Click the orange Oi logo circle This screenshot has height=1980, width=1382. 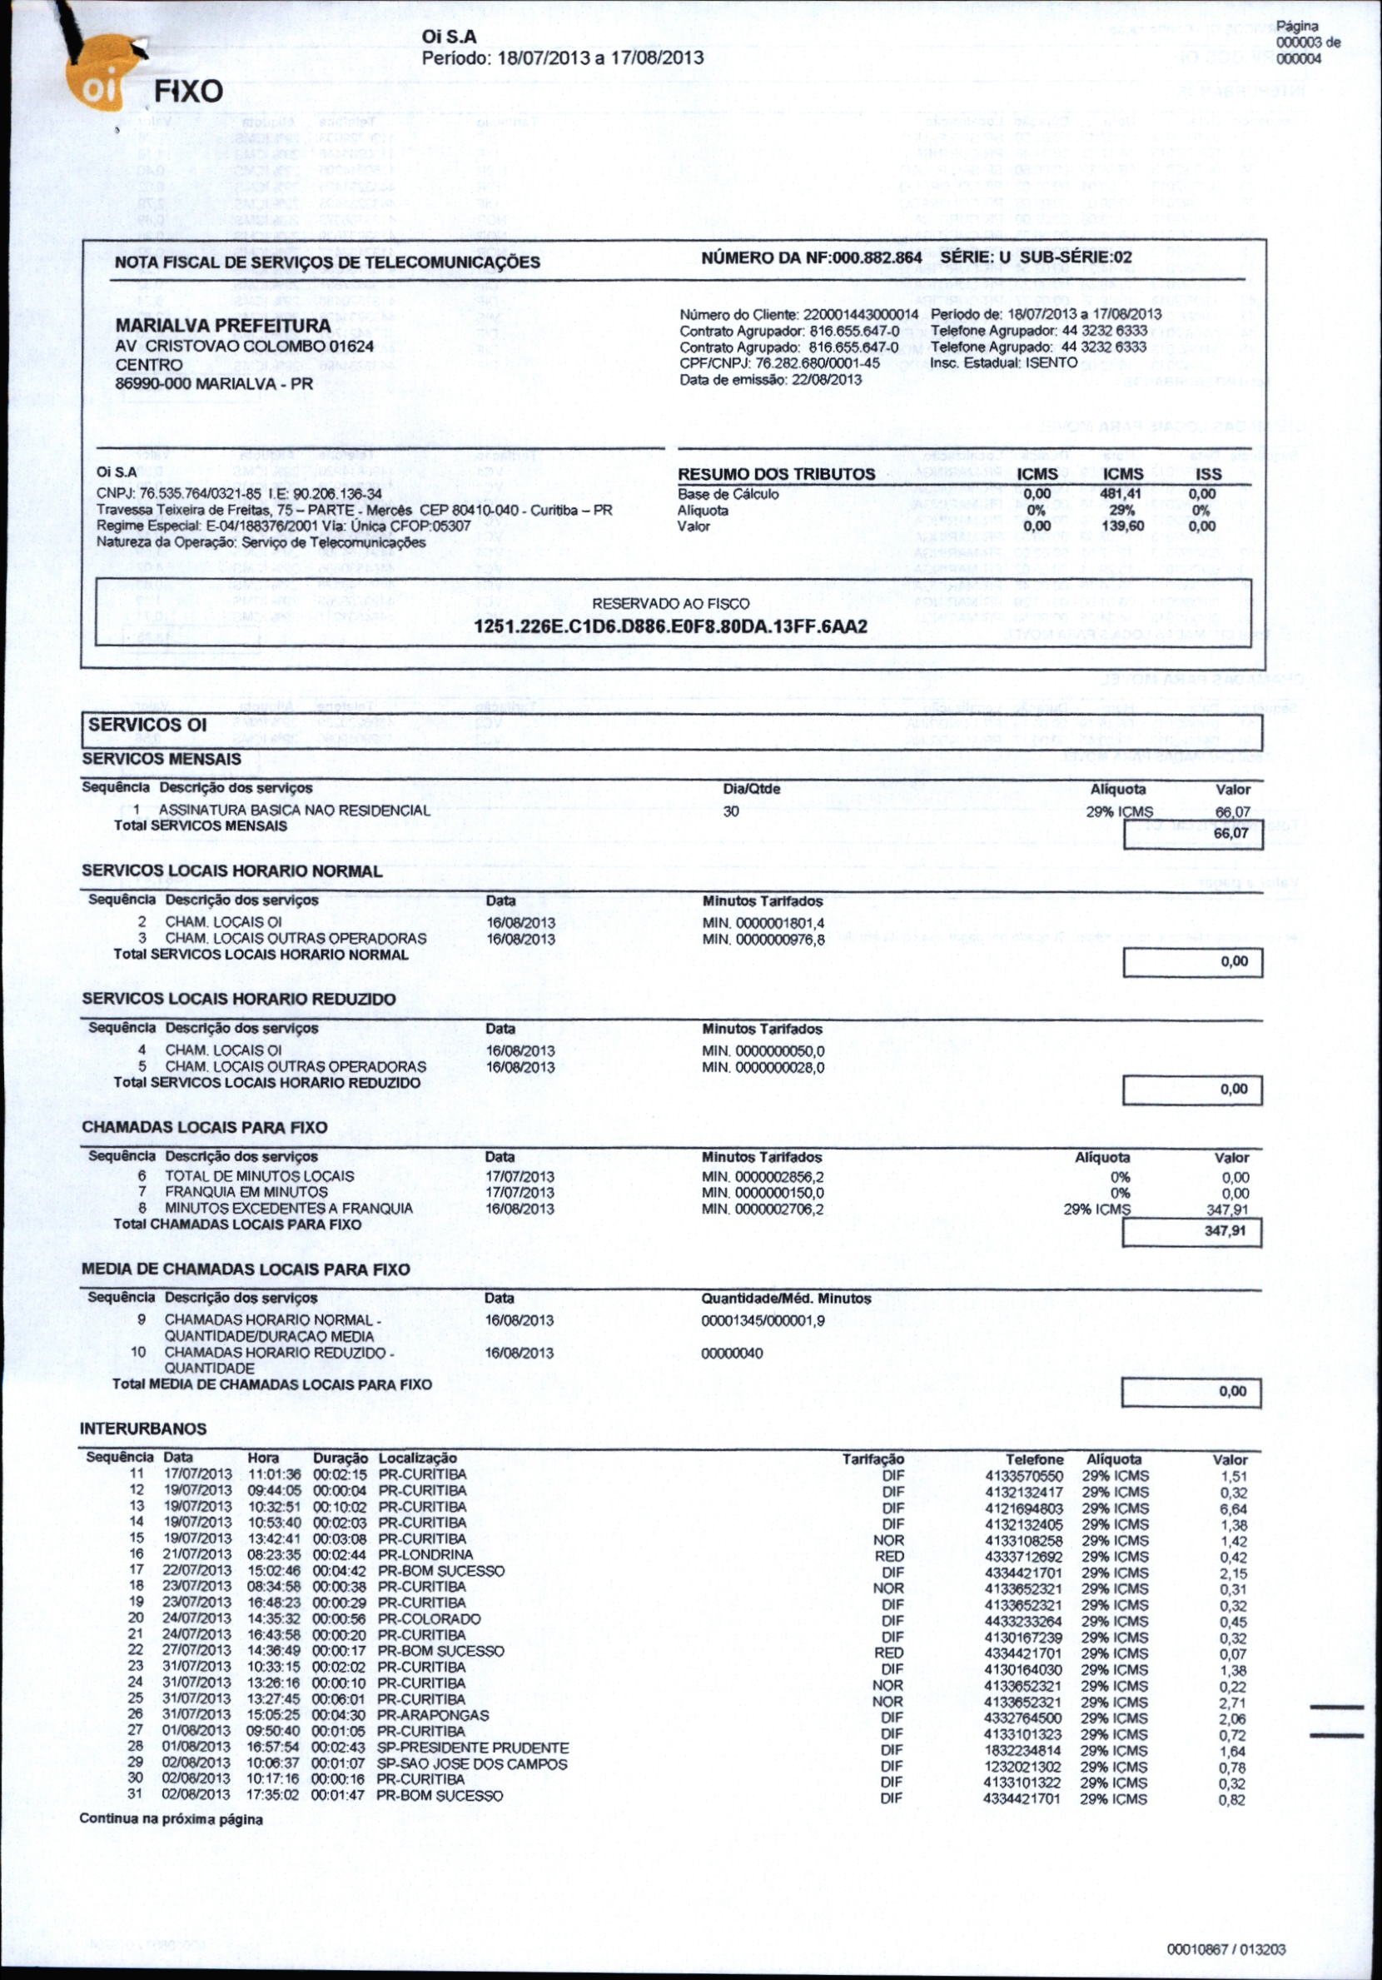(x=101, y=91)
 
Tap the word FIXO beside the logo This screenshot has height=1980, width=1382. (x=188, y=92)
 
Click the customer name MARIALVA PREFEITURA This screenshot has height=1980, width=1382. (x=223, y=326)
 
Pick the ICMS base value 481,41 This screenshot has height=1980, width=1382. (x=1122, y=494)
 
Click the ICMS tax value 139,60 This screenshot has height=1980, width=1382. (x=1122, y=526)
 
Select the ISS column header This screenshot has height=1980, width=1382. (x=1208, y=474)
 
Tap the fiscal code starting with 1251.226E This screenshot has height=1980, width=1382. (x=671, y=627)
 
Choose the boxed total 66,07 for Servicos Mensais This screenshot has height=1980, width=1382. (x=1230, y=834)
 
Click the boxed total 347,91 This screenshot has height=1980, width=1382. (x=1225, y=1231)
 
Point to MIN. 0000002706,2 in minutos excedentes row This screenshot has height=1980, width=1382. (x=763, y=1209)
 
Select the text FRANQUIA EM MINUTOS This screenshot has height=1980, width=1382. (x=235, y=1192)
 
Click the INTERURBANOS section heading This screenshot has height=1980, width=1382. (x=143, y=1429)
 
